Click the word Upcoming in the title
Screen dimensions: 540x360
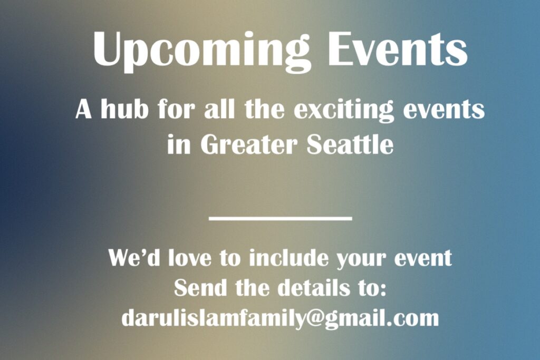click(x=202, y=51)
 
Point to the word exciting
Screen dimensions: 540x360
click(x=343, y=111)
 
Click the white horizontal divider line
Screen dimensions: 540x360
click(x=281, y=218)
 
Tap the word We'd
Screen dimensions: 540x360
click(x=134, y=257)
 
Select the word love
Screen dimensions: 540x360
click(x=190, y=257)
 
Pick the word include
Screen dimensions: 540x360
click(x=288, y=257)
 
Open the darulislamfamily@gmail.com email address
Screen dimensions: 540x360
click(x=281, y=319)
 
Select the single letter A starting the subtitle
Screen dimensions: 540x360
click(x=83, y=110)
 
